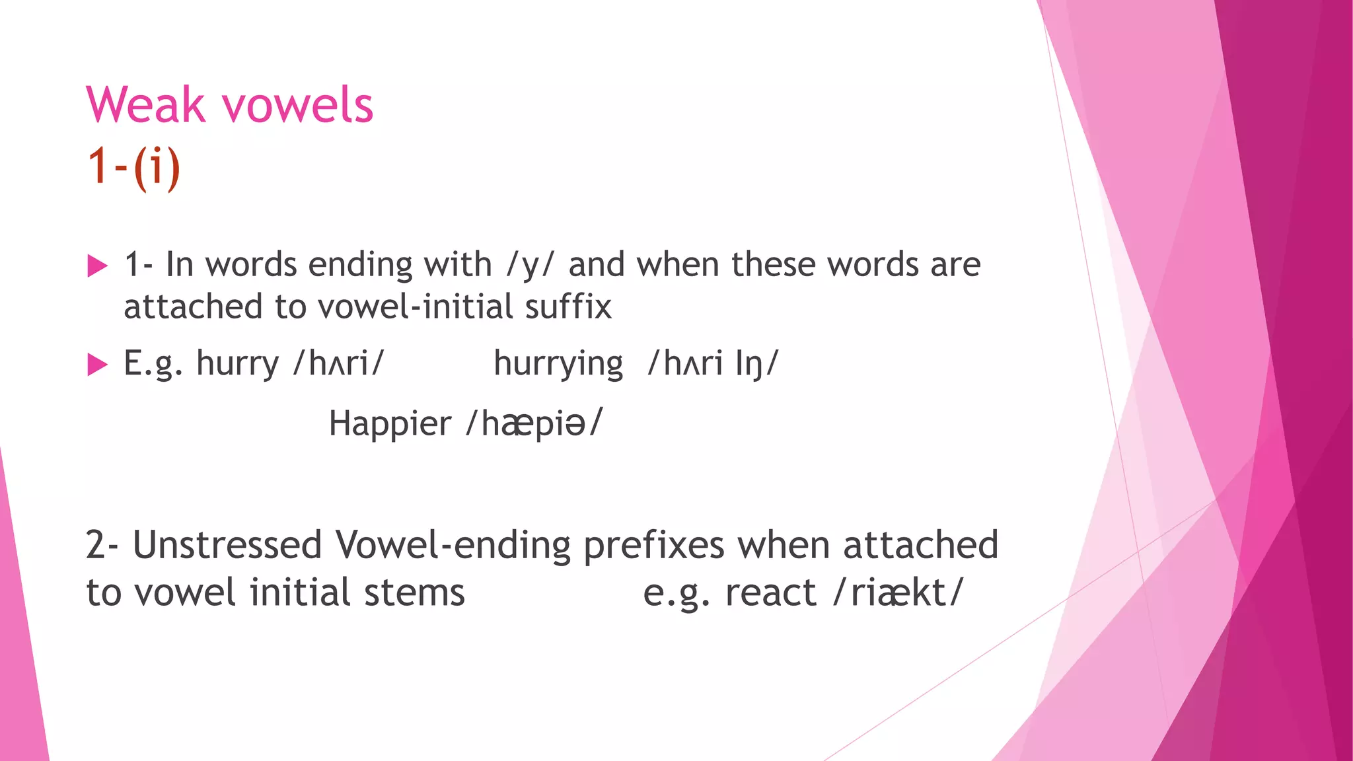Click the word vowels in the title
297,105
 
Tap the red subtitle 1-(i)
133,166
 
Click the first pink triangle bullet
97,266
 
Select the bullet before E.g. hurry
97,364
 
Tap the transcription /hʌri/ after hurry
338,363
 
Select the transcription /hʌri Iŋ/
713,363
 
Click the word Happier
390,424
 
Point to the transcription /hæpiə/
534,423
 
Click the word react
770,593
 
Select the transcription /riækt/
898,593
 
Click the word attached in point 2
920,545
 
